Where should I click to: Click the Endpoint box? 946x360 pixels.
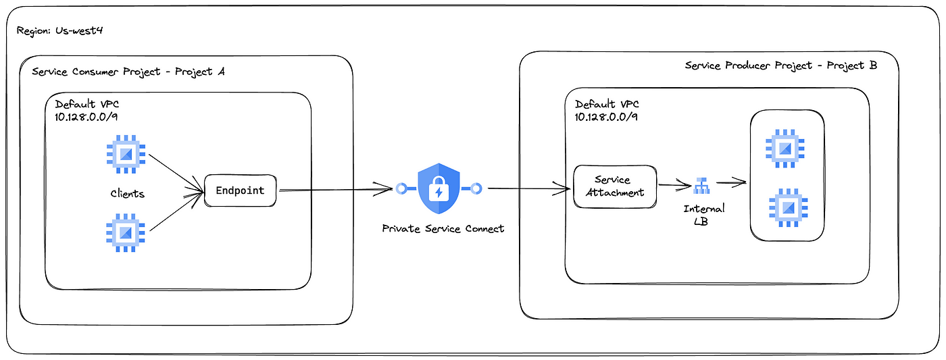[x=241, y=190]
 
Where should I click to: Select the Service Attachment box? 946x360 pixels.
[x=615, y=186]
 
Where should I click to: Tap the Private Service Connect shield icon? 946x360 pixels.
[x=439, y=188]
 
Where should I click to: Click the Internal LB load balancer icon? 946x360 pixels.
[x=701, y=186]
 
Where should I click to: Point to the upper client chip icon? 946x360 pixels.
[x=126, y=154]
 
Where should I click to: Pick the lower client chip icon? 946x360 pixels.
[x=126, y=232]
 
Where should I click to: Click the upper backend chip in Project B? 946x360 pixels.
[x=785, y=149]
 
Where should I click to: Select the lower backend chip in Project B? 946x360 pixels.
[x=789, y=207]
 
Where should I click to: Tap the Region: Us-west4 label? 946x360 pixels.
[x=59, y=31]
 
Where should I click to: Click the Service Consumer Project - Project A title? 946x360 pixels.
[x=128, y=72]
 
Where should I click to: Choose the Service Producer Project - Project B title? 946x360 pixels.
[x=781, y=66]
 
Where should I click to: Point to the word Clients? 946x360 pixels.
[x=128, y=194]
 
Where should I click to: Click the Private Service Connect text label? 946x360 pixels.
[x=443, y=229]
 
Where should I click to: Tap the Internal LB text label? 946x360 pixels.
[x=703, y=215]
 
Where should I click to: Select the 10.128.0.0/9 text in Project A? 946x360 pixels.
[x=86, y=117]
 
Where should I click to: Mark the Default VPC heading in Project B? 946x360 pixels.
[x=607, y=104]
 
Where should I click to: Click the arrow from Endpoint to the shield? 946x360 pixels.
[x=337, y=190]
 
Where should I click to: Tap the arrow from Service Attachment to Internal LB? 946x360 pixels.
[x=675, y=185]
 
